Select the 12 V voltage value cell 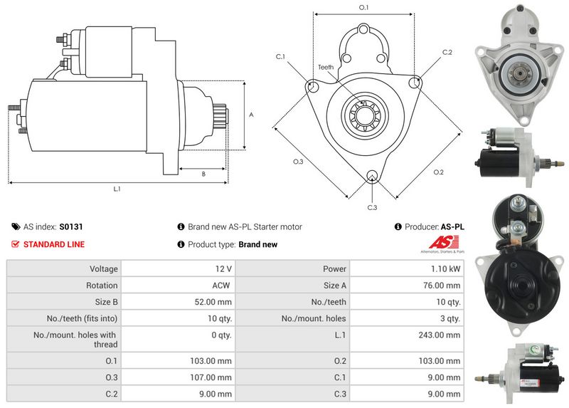tap(224, 269)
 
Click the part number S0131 tap(71, 227)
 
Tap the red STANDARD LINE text tap(54, 244)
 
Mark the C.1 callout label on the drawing tap(280, 57)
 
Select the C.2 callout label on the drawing tap(447, 53)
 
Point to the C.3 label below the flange tap(372, 207)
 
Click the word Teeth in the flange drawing tap(326, 67)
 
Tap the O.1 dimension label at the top tap(363, 7)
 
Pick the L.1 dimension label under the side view tap(117, 189)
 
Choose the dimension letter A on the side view tap(251, 115)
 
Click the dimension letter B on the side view tap(203, 174)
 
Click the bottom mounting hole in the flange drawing tap(371, 176)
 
